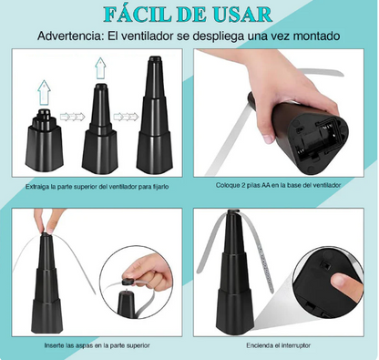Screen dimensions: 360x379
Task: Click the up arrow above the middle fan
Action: coord(98,66)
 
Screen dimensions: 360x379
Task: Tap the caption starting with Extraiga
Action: coord(97,187)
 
